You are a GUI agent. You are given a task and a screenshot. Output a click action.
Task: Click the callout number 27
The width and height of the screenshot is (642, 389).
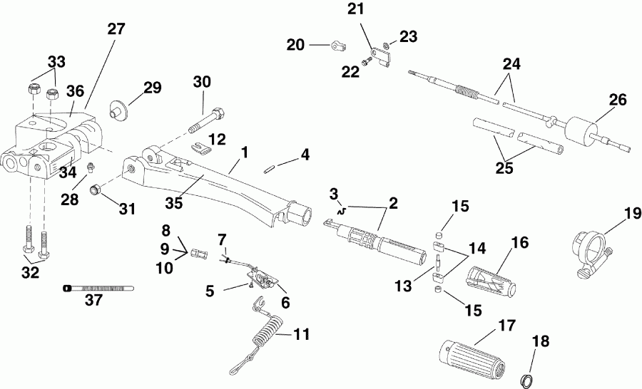116,29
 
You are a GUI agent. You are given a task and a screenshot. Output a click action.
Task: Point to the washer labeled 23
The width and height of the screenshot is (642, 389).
385,46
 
